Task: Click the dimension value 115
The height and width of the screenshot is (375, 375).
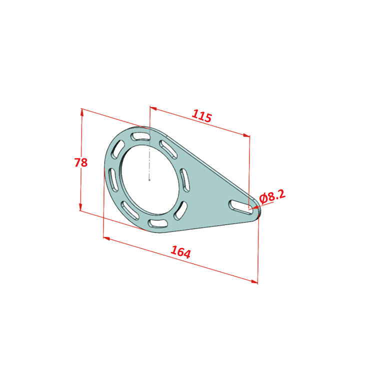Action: coord(202,116)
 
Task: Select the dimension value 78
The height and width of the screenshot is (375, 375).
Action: coord(81,162)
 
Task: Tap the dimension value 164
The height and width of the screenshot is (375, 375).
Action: coord(181,252)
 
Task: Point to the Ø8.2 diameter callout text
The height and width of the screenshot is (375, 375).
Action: coord(272,197)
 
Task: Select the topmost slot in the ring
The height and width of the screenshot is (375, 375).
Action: coord(140,137)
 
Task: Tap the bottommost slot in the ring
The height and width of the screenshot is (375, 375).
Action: coord(158,223)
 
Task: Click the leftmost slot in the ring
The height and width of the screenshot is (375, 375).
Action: coord(113,180)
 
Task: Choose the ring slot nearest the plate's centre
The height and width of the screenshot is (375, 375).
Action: coord(184,180)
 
